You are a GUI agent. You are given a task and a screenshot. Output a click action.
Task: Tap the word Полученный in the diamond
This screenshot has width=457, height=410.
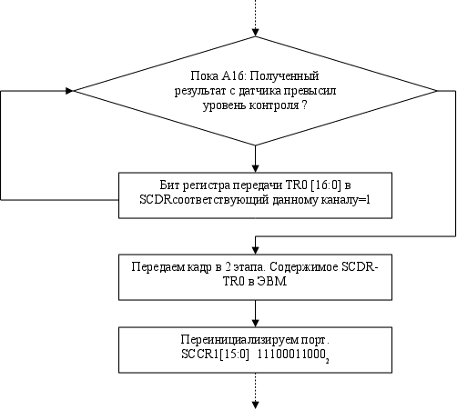point(284,76)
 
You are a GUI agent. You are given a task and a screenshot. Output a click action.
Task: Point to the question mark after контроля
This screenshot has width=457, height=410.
point(304,105)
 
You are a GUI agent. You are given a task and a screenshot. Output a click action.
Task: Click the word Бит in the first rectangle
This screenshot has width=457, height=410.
point(169,185)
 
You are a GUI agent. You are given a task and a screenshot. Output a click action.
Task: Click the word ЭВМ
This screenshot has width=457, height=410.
point(271,282)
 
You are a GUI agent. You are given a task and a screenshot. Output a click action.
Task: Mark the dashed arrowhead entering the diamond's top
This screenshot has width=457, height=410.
point(256,33)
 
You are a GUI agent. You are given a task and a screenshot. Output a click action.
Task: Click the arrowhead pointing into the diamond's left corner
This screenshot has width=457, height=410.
point(70,91)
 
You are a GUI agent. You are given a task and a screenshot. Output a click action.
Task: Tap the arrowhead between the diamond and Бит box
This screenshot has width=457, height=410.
point(256,168)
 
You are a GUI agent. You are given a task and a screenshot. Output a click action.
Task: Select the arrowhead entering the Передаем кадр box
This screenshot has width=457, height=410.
point(256,250)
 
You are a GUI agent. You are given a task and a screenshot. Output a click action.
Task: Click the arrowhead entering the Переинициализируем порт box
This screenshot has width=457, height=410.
point(256,323)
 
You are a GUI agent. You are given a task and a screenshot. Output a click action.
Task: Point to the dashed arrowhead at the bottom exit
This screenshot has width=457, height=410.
point(256,405)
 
